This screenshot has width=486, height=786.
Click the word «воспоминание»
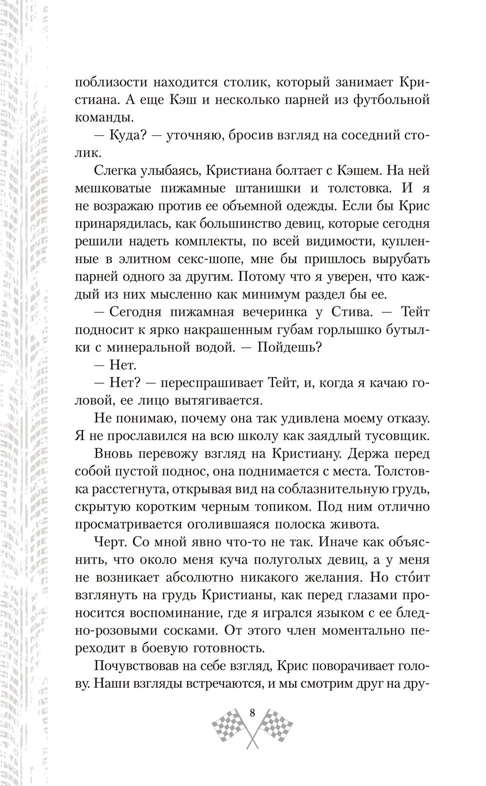189,613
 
